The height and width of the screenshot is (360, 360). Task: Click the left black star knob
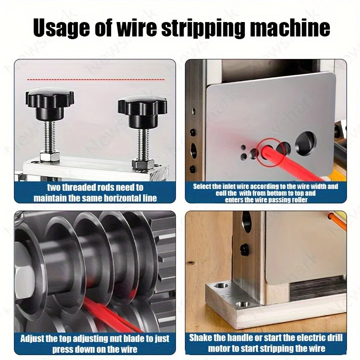tap(49, 100)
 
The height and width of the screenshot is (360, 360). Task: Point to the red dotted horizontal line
tap(94, 79)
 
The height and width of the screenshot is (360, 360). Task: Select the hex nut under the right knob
tap(143, 163)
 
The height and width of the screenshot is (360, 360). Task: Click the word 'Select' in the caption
tap(204, 186)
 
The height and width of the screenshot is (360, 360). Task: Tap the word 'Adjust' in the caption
tap(35, 338)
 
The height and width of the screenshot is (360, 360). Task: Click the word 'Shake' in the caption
tap(202, 338)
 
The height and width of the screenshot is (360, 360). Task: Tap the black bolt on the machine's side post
tap(245, 249)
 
